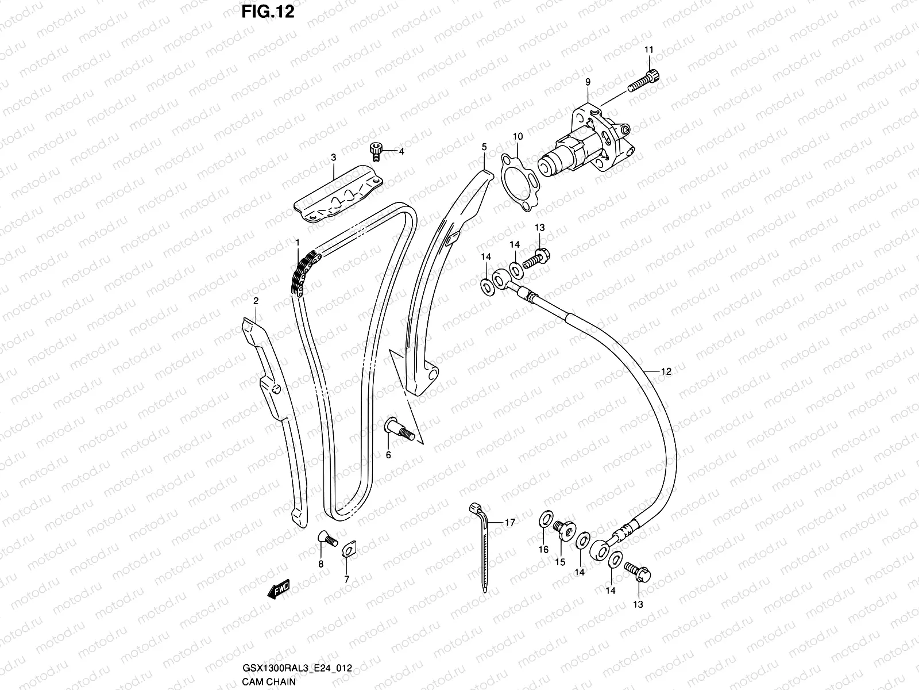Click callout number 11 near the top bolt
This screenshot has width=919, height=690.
[x=648, y=51]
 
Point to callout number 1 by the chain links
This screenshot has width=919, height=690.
[x=298, y=243]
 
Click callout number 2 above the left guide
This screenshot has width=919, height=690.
[x=256, y=300]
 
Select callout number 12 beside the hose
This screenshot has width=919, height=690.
[x=666, y=371]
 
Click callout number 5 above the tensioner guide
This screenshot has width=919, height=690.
[x=484, y=147]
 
